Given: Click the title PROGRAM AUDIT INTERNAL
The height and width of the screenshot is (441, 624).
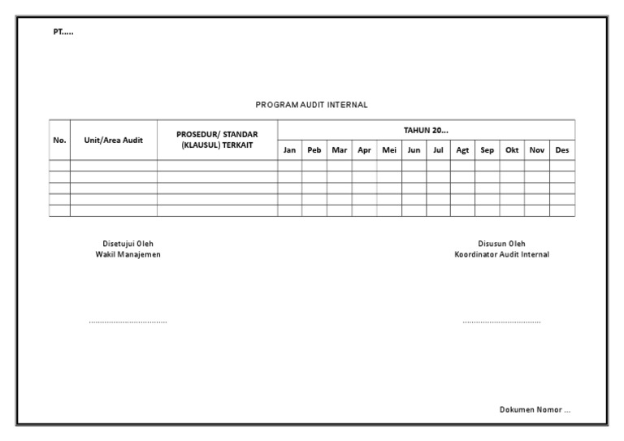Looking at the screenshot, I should point(312,105).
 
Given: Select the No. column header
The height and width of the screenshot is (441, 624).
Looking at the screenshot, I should point(59,140).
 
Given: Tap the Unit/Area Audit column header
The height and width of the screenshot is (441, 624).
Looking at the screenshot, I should point(114,140).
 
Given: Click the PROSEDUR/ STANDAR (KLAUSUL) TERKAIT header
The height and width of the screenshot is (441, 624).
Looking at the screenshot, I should point(217,140).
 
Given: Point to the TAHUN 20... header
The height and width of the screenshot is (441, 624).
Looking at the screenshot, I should point(426,130).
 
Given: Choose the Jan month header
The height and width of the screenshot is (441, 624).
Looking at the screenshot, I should point(289,150).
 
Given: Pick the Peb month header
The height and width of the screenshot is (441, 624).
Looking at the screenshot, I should point(314,150).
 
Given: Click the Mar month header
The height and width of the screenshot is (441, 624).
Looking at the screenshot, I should point(340,150).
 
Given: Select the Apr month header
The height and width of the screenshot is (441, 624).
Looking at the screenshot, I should point(364,150).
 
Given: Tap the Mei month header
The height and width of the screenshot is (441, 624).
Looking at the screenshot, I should point(388,150).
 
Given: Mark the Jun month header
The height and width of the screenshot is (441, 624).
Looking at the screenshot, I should point(414,150).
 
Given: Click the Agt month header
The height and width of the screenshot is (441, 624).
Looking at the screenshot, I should point(463,150).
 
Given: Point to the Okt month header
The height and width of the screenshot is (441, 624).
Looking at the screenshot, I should point(512,150).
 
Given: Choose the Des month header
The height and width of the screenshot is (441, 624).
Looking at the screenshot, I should point(561,150).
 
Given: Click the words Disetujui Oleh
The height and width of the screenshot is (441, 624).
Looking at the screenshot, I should point(128,244).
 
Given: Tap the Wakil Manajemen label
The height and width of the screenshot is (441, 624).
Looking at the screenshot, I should point(128,254).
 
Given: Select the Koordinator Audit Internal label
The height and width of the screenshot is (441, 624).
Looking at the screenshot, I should point(501,254).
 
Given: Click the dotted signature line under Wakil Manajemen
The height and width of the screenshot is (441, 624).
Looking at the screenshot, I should point(128,322).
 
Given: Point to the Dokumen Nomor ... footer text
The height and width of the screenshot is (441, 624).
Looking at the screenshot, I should point(535,410).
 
